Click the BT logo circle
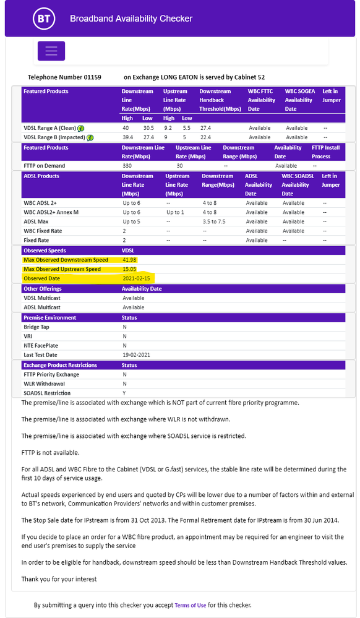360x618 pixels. pos(43,19)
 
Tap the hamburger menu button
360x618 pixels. pos(51,51)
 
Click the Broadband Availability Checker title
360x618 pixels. pos(131,19)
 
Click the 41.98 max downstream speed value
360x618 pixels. pos(130,260)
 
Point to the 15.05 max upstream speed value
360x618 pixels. pos(130,269)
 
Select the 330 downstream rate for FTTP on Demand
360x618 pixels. pos(128,166)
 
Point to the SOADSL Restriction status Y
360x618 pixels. pos(124,393)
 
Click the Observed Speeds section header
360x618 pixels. pos(45,251)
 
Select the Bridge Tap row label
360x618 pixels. pos(36,327)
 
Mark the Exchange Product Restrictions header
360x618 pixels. pos(60,365)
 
